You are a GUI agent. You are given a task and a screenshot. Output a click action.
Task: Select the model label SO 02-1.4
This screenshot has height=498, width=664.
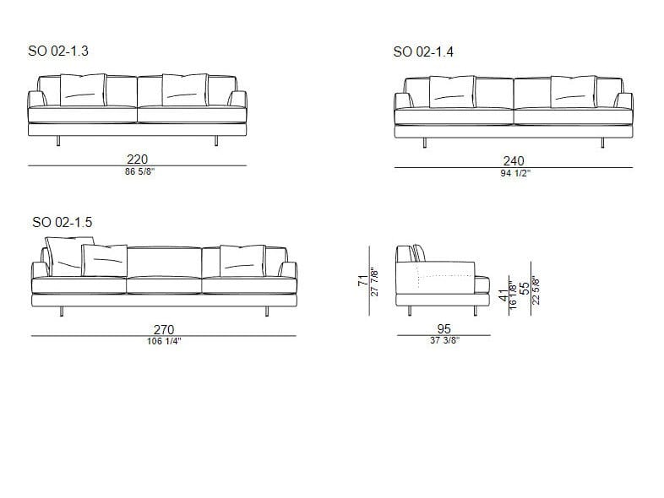click(x=424, y=52)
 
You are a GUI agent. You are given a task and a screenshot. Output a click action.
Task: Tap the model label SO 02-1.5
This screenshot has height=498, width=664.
click(x=63, y=223)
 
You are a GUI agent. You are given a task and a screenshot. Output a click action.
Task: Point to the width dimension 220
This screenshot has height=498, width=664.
click(x=138, y=159)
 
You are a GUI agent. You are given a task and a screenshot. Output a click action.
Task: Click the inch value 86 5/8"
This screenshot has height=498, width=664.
click(x=138, y=171)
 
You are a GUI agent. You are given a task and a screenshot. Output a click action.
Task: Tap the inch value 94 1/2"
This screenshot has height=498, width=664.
click(x=514, y=173)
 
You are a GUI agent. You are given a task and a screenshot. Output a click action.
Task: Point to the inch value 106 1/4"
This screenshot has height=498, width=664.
click(x=163, y=341)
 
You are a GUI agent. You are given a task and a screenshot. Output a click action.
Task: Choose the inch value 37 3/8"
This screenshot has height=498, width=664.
click(x=444, y=341)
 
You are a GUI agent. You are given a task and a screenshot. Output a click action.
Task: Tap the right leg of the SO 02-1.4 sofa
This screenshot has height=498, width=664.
click(x=604, y=143)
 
